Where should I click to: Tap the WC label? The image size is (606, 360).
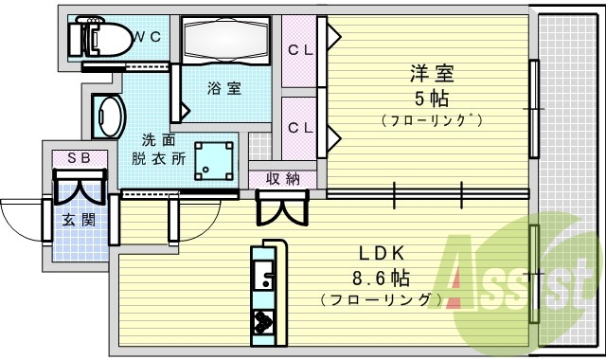coord(146,38)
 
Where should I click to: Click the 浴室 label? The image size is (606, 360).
coord(224,88)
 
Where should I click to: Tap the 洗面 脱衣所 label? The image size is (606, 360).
coord(157,148)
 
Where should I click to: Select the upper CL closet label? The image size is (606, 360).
coord(301,49)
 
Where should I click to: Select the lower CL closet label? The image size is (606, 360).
coord(301,127)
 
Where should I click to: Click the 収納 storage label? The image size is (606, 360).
coord(282,177)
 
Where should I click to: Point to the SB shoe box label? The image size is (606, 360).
coord(78,158)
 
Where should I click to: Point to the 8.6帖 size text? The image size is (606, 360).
coord(382,278)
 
